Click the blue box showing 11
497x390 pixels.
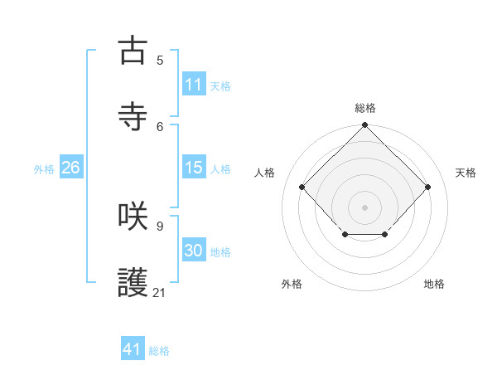(x=193, y=85)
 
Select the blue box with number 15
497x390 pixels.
(x=193, y=168)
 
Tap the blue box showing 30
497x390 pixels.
(x=193, y=251)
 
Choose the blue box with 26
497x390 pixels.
(x=70, y=168)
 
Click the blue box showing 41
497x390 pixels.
(x=133, y=349)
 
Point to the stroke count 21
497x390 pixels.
(x=160, y=292)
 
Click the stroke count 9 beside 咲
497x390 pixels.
(x=160, y=226)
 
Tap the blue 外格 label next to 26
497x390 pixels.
(x=44, y=168)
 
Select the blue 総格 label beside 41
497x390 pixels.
(x=159, y=350)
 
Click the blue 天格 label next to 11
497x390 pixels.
(x=220, y=85)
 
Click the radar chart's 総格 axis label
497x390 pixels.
(x=365, y=108)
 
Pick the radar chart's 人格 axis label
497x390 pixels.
(x=266, y=173)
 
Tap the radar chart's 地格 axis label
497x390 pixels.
(x=434, y=284)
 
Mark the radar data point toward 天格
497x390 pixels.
(x=427, y=187)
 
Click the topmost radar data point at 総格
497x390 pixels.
(x=364, y=126)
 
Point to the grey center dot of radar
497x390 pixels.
(x=364, y=207)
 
